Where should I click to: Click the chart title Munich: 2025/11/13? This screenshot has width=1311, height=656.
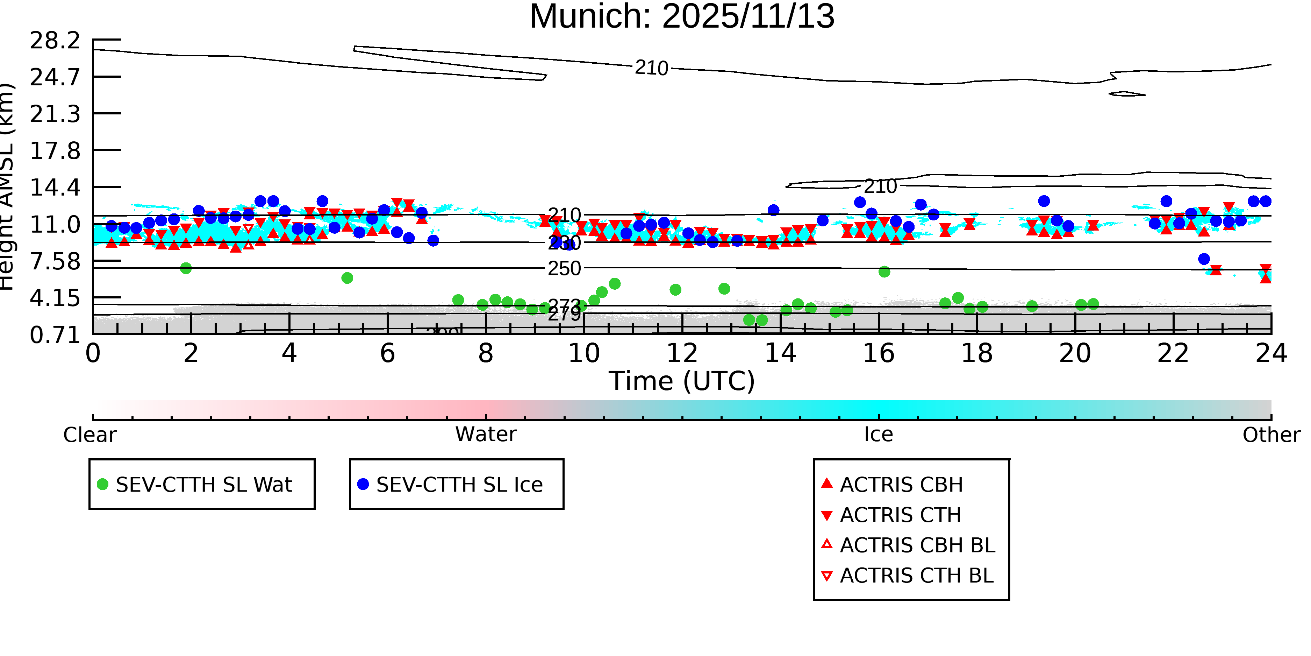(682, 16)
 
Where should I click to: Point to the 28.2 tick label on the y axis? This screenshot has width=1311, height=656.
(55, 40)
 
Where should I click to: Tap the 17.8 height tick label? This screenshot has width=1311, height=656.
(55, 151)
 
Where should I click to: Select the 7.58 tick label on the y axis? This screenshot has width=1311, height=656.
(55, 261)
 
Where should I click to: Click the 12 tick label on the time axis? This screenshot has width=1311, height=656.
(682, 353)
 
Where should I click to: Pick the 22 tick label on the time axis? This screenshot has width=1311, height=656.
(1173, 353)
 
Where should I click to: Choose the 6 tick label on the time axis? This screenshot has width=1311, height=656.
(387, 353)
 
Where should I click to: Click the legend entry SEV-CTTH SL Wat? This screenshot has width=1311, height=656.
(203, 484)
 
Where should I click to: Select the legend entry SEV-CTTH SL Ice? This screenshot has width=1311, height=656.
(459, 484)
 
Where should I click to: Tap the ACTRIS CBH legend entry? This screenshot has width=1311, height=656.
(901, 484)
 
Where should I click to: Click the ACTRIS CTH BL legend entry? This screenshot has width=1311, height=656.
(916, 576)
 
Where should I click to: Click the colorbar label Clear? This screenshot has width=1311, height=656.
(89, 435)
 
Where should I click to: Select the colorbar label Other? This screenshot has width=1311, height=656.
(1271, 435)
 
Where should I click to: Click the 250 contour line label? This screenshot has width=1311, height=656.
(564, 268)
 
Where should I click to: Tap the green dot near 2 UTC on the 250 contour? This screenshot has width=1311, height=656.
(186, 268)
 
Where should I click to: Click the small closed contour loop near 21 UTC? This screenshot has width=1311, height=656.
(1126, 94)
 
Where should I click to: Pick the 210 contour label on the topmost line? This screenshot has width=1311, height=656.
(651, 68)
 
